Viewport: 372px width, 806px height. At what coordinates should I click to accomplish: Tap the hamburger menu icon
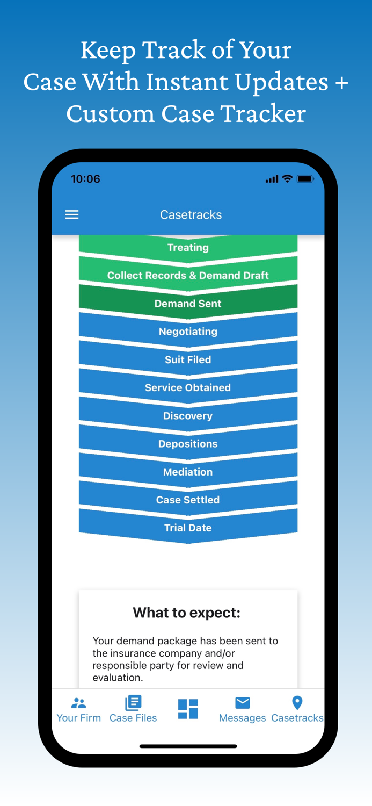[72, 215]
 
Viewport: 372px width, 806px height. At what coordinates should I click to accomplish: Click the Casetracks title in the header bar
[191, 215]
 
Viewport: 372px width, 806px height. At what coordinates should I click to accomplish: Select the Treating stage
[188, 248]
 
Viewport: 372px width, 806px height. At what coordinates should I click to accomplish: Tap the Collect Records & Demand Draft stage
[188, 276]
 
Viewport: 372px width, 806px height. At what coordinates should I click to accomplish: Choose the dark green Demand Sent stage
[188, 304]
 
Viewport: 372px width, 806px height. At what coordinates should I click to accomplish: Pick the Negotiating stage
[188, 332]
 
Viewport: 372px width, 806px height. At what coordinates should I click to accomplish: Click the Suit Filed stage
[188, 359]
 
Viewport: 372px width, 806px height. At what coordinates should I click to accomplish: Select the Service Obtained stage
[188, 387]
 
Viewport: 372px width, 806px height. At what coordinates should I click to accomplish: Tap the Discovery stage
[188, 416]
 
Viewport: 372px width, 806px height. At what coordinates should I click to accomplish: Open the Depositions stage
[188, 444]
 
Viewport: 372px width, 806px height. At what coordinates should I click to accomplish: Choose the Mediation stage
[188, 472]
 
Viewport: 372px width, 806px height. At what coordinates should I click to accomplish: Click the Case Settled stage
[188, 500]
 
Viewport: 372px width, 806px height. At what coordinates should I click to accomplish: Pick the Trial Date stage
[188, 528]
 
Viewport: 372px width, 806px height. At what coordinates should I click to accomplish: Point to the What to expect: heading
[187, 613]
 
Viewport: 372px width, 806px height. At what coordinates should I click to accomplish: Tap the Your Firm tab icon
[79, 703]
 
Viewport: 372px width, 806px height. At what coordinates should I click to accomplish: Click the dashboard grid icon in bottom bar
[188, 709]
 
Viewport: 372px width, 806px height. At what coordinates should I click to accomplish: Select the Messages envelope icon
[243, 702]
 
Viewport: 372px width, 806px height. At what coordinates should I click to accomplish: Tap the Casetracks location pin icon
[297, 702]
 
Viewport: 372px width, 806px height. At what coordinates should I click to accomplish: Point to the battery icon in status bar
[305, 179]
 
